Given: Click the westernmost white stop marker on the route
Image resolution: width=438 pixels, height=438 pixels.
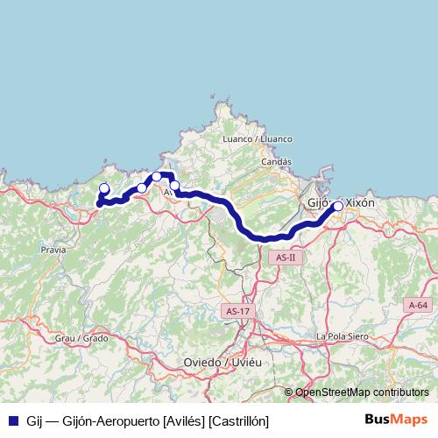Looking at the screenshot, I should [x=104, y=188].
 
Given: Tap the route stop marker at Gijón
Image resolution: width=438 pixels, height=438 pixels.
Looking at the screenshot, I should [x=338, y=207].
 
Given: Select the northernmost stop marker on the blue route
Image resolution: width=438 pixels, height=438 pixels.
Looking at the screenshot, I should [x=157, y=177].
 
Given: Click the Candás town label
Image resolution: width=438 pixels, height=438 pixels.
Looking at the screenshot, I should [x=276, y=162].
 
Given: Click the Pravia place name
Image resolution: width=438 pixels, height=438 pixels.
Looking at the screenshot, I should [x=53, y=250].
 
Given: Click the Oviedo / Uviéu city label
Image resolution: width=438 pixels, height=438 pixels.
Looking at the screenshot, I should [x=222, y=363].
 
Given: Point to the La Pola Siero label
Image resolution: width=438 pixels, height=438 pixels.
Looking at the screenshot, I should [x=344, y=336].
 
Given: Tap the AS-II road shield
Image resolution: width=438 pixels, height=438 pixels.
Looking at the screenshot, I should [x=286, y=258].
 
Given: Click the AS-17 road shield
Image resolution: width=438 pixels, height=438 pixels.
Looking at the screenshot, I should [x=237, y=311].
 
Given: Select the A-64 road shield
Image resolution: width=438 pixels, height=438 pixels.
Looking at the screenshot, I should [x=419, y=304].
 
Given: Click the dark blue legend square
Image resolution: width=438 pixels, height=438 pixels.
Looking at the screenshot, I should [x=13, y=420].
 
